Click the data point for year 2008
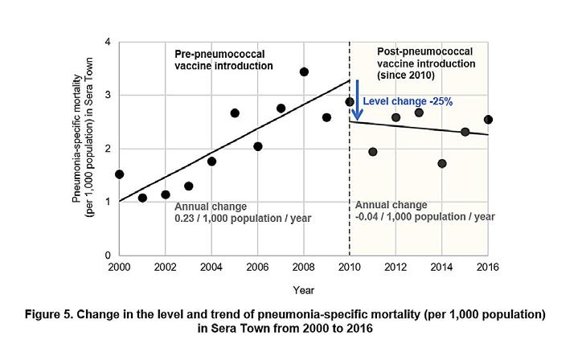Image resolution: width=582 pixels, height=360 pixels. coord(304,72)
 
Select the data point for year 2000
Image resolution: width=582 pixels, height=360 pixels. coord(119,174)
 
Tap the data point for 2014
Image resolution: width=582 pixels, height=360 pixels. coord(442,164)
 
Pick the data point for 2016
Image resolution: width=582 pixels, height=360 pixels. coord(488,120)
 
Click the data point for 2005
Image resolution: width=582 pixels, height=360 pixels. coord(235,113)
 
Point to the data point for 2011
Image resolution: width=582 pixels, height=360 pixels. coord(373,152)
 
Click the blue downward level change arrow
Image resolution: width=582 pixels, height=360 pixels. coord(356,100)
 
